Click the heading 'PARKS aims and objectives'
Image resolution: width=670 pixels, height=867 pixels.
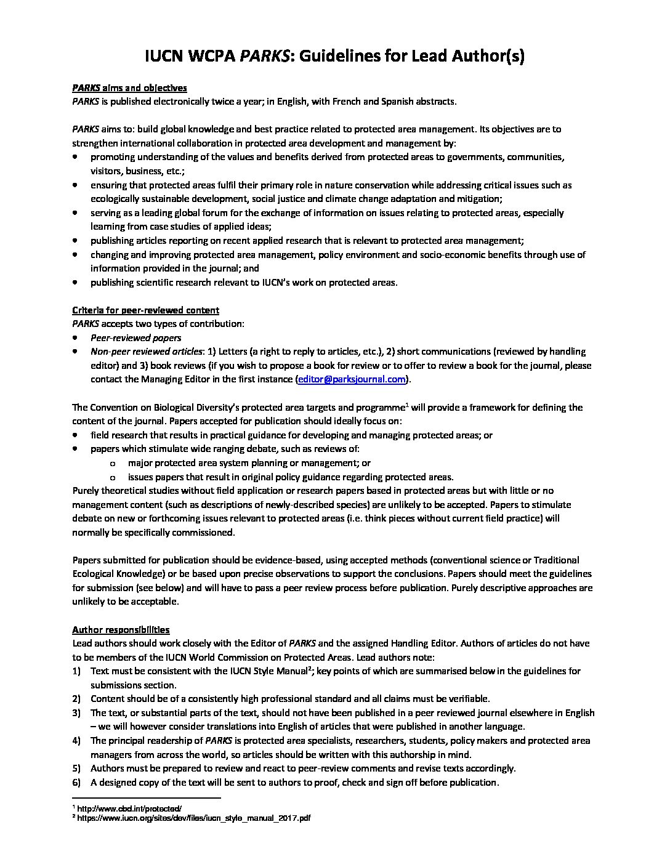129,87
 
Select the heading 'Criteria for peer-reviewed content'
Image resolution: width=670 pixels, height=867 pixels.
145,310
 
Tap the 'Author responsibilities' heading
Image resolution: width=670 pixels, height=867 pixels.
121,629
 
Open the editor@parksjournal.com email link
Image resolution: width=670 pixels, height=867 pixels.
352,379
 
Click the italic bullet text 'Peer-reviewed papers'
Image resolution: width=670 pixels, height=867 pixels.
135,337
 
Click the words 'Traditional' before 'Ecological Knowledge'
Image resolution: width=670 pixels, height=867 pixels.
556,560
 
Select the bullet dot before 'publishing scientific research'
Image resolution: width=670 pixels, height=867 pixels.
75,283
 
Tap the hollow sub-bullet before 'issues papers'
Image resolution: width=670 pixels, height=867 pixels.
112,477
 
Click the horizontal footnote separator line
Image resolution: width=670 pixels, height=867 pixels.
146,798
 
